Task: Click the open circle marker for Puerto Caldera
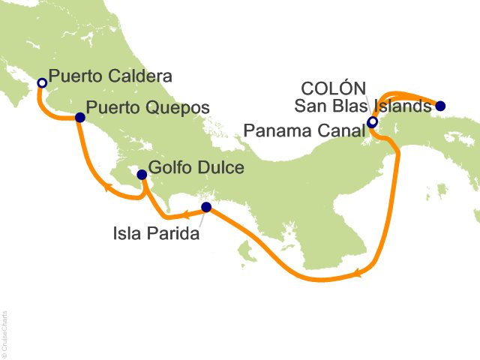pos(42,82)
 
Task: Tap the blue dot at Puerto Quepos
pos(79,117)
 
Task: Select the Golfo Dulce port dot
pos(141,175)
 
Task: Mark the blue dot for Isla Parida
pos(206,207)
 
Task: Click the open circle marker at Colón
pos(373,123)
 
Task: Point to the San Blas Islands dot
pos(440,106)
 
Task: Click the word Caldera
pos(147,76)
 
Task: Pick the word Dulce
pos(221,167)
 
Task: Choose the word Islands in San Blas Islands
pos(404,108)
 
